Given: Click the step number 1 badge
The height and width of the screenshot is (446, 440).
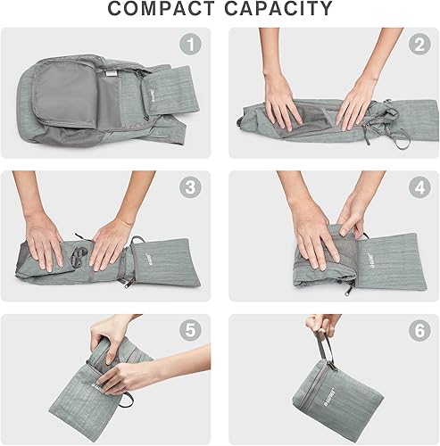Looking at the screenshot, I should click(188, 44).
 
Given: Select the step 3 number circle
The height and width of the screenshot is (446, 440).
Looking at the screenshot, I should click(188, 188).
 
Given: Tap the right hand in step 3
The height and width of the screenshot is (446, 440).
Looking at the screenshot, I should click(111, 243).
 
